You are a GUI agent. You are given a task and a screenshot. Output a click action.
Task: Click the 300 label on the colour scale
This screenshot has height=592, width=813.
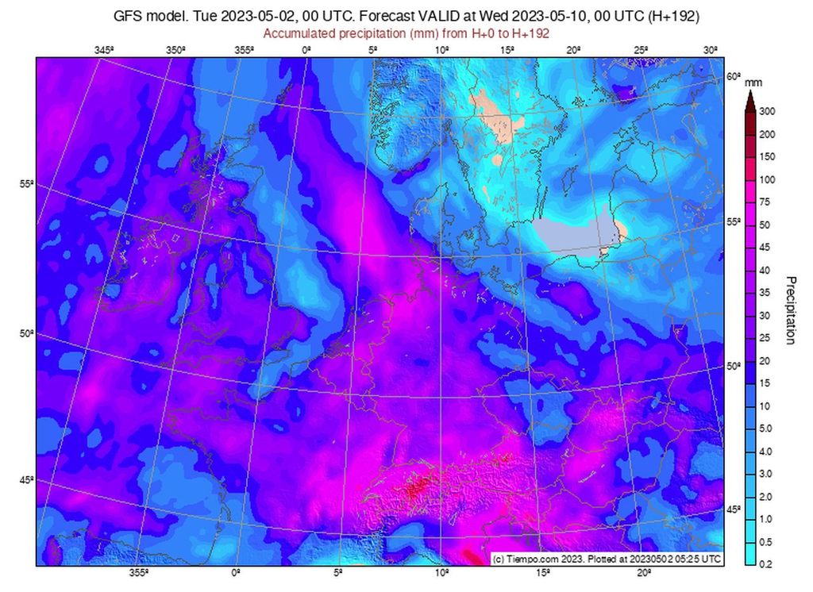(766, 112)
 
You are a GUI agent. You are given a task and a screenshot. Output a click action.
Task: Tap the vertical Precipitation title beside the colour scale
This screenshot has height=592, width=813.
(790, 310)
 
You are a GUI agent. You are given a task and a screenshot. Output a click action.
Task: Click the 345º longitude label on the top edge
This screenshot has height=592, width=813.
(104, 50)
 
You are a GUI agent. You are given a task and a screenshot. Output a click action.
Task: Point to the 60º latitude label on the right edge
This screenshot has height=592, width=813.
(733, 77)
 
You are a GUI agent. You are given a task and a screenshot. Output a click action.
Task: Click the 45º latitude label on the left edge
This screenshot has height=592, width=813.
(26, 479)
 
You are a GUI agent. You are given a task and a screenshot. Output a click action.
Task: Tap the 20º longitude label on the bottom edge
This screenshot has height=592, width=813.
(643, 572)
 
